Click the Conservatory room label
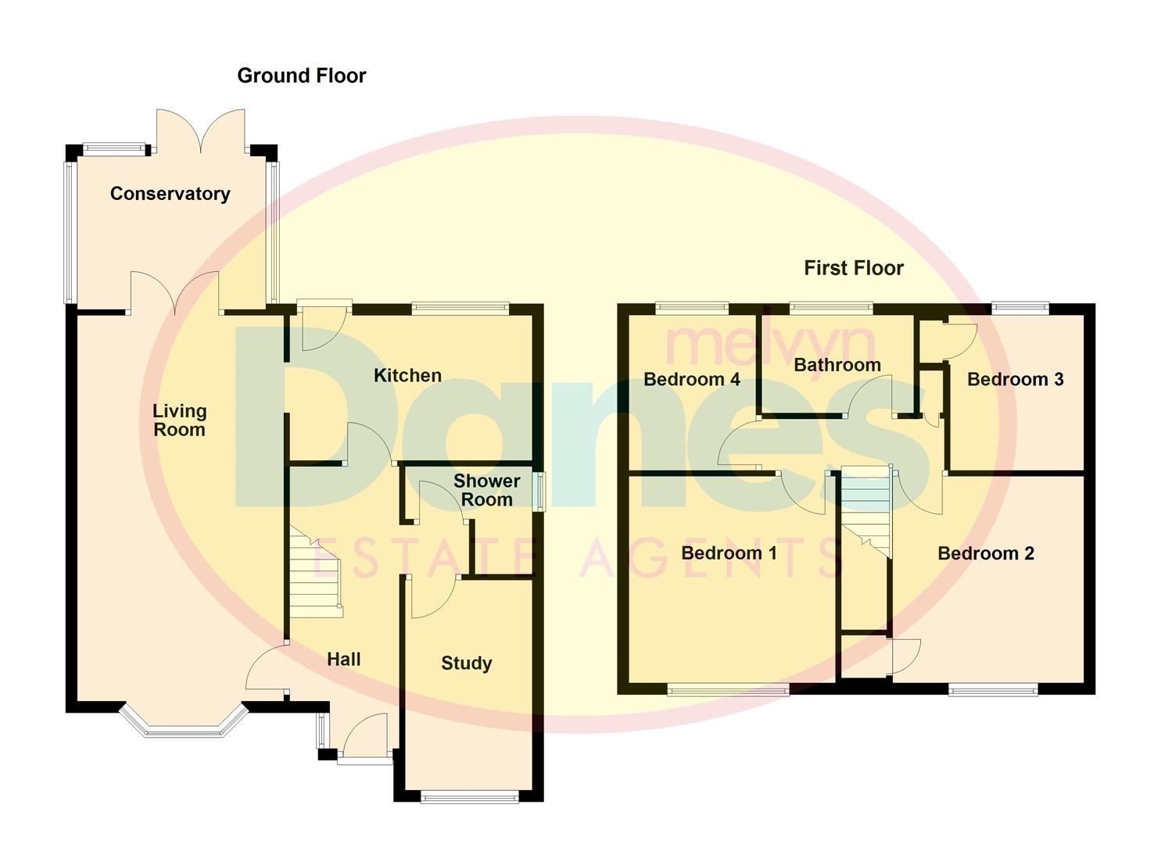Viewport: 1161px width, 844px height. point(170,194)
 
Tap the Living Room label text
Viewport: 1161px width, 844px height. point(179,420)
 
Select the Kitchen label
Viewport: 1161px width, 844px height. point(407,376)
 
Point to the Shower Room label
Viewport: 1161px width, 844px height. point(486,491)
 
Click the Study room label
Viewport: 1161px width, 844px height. point(466,663)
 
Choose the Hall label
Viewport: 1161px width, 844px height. point(343,660)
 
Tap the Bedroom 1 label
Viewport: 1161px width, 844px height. point(729,553)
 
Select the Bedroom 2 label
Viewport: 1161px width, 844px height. point(985,554)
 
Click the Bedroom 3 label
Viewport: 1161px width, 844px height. point(1015,380)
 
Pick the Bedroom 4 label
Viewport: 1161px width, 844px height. point(691,380)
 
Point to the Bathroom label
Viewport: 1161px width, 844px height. point(837,365)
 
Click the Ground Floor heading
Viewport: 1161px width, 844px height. point(301,76)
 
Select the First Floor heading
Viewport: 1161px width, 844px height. point(853,268)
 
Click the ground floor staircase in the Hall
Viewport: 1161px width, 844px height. point(317,574)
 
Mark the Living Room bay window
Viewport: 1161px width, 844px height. point(183,724)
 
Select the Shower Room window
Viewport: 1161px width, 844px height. point(539,492)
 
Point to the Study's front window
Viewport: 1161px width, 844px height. point(469,796)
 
